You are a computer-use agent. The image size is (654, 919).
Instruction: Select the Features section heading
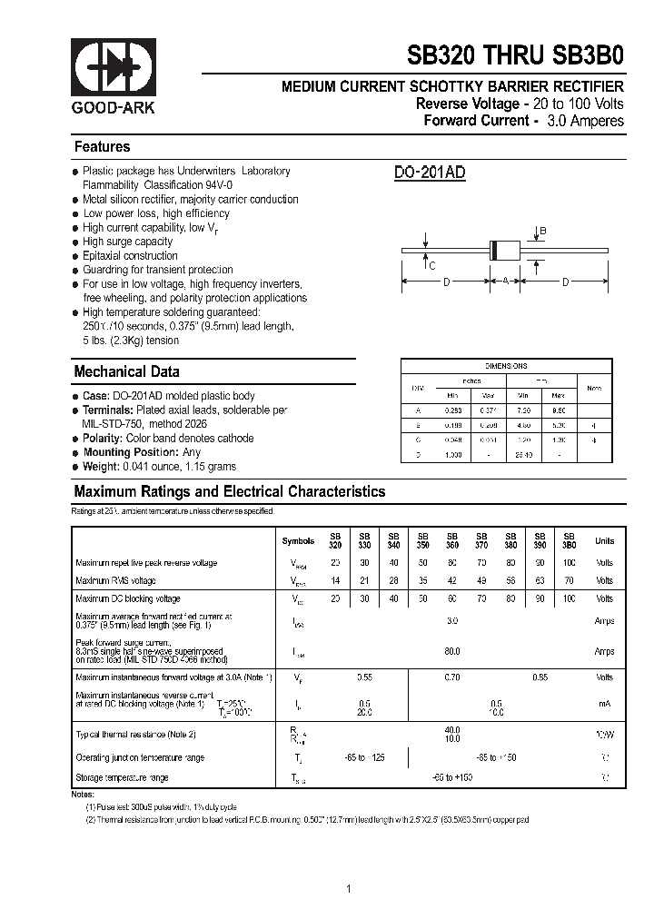(x=102, y=147)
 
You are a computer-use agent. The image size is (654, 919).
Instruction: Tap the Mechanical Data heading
(x=126, y=371)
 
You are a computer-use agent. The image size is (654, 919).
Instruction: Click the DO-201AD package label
(x=430, y=173)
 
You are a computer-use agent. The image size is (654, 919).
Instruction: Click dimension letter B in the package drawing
(x=543, y=232)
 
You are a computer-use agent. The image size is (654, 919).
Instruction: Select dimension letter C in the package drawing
(x=432, y=266)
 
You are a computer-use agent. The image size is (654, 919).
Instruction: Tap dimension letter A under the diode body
(x=505, y=282)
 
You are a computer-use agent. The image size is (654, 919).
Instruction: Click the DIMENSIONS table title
(x=506, y=366)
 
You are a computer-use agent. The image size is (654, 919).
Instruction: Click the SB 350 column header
(x=422, y=540)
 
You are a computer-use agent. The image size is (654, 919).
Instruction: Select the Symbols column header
(x=298, y=541)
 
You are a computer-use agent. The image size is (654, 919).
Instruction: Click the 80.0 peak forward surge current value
(x=451, y=651)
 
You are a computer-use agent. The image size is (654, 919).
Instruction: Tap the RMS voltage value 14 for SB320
(x=336, y=580)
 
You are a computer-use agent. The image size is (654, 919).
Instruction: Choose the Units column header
(x=604, y=541)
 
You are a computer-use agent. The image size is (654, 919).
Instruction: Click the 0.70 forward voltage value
(x=451, y=677)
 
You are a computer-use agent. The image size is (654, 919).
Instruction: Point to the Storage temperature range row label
(x=122, y=777)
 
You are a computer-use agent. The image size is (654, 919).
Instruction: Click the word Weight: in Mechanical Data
(x=101, y=467)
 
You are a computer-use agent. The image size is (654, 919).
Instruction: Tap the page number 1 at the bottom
(x=350, y=889)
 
